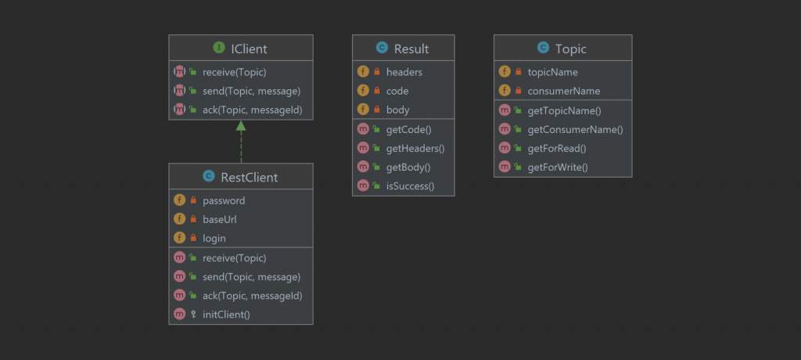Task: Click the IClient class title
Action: [x=249, y=49]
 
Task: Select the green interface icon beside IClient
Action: [x=219, y=48]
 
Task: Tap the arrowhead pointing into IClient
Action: [x=241, y=126]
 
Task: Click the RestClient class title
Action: [x=250, y=178]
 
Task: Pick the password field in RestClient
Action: [x=224, y=201]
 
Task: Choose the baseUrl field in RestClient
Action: [x=220, y=219]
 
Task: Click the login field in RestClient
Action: [x=214, y=239]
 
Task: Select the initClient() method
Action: [x=226, y=315]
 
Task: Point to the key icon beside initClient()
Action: [x=193, y=315]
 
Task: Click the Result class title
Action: [x=411, y=49]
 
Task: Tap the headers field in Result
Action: [x=404, y=72]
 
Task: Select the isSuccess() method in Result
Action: [x=410, y=186]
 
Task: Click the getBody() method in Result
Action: [x=408, y=167]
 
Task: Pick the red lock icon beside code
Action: [x=377, y=91]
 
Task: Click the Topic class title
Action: [x=570, y=49]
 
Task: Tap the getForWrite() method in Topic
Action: [x=558, y=167]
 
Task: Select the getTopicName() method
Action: [x=565, y=110]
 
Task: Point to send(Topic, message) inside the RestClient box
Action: [x=251, y=277]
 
